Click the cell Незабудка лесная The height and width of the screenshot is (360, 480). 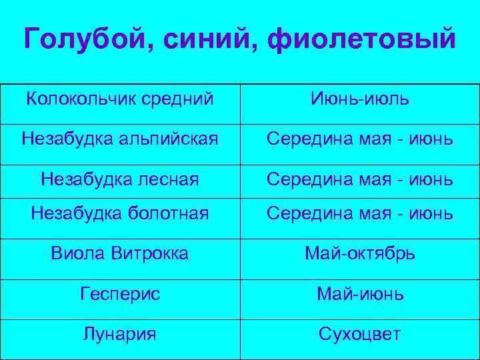point(120,178)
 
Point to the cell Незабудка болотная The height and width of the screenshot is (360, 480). point(120,213)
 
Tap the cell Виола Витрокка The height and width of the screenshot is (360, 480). point(120,253)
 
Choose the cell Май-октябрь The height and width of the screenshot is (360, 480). point(360,253)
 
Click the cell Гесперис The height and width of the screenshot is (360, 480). point(120,294)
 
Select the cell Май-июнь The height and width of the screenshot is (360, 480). point(360,294)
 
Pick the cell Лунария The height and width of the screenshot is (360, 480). point(120,333)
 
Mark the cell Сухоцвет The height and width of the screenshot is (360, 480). point(360,333)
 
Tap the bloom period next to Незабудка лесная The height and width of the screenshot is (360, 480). point(360,178)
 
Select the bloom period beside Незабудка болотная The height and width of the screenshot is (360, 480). point(360,213)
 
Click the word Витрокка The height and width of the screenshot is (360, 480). point(150,253)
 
